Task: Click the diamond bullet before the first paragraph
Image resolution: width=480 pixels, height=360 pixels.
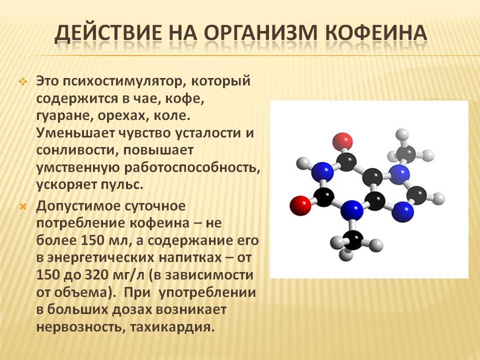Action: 23,81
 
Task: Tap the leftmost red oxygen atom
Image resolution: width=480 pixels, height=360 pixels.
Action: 300,205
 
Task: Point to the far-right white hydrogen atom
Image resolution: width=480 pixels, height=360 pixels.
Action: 439,198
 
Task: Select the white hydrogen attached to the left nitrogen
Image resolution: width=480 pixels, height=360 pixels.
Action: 303,163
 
